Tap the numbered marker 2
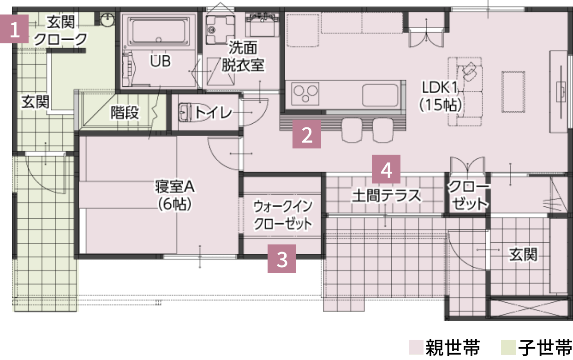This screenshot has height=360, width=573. click(x=307, y=134)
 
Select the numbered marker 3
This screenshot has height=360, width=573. click(x=281, y=259)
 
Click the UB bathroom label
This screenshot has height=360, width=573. click(x=160, y=60)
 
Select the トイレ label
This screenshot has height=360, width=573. click(x=213, y=112)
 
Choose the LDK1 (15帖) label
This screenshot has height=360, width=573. click(x=440, y=96)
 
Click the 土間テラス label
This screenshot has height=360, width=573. click(x=387, y=196)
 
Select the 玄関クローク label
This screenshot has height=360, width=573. click(x=61, y=30)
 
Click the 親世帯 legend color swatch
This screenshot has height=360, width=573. click(x=415, y=346)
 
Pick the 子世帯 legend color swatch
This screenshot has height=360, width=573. click(x=507, y=346)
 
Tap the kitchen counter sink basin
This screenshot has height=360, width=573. click(x=381, y=95)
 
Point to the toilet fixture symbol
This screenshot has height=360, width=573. click(x=186, y=112)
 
